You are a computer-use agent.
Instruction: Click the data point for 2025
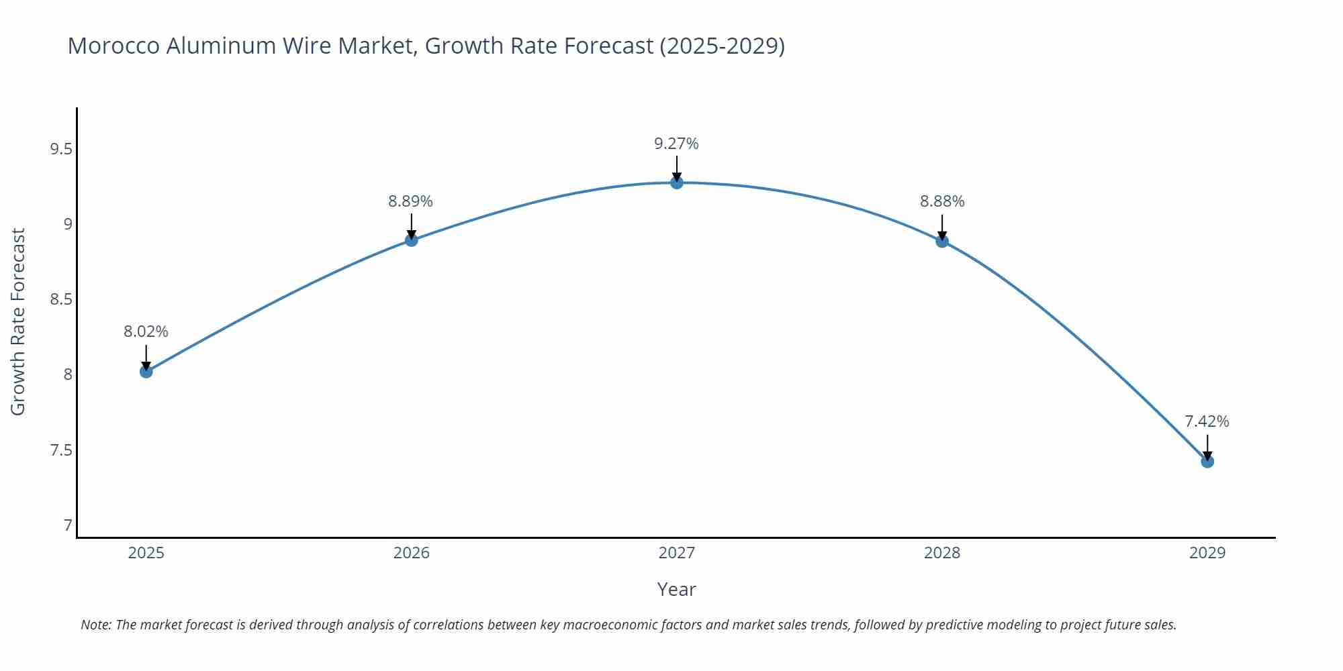146,371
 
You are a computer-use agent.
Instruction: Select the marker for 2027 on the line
676,183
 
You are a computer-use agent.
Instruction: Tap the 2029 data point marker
1207,461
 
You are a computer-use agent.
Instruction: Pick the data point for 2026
411,240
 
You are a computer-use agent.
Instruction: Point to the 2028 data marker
941,241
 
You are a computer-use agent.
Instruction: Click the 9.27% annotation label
676,144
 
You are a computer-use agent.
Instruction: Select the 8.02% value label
146,331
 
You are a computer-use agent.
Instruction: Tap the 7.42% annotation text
1207,421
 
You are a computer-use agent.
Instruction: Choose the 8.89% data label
411,201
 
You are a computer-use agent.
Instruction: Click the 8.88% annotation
941,201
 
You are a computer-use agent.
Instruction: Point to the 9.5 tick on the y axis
61,149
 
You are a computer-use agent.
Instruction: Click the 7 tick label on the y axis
68,525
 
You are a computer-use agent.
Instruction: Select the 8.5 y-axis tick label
61,299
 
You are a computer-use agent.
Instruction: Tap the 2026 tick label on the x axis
411,553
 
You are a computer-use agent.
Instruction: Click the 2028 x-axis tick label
941,553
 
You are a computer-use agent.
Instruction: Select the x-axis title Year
676,589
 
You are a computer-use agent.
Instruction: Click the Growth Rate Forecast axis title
18,321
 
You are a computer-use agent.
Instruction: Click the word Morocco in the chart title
113,46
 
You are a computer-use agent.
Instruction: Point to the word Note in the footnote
96,625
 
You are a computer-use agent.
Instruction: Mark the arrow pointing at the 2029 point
1207,447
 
